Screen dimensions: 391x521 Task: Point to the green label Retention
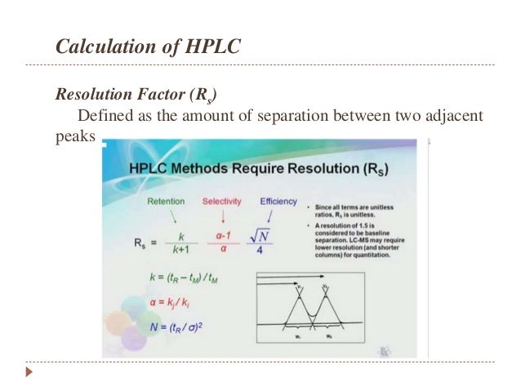(166, 201)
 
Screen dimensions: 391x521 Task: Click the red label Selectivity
(222, 201)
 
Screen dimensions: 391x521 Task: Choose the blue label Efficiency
(278, 201)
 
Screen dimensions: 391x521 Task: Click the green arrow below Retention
(173, 216)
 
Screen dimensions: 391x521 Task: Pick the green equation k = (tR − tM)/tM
(171, 278)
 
